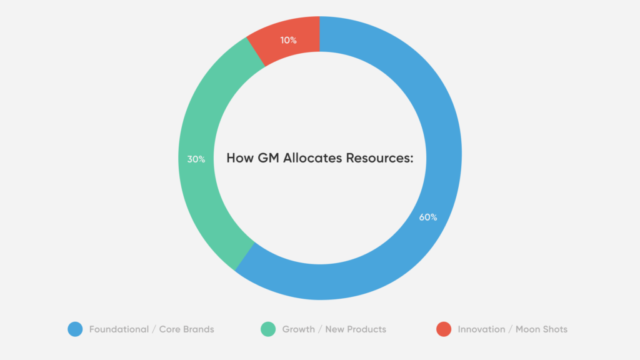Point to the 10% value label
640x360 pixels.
click(288, 40)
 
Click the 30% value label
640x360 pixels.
click(196, 159)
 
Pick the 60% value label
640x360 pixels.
click(427, 217)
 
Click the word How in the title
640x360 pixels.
click(240, 158)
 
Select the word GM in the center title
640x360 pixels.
click(268, 158)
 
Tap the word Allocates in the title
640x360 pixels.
click(312, 158)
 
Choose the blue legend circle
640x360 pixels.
click(75, 329)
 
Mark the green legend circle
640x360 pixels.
click(268, 329)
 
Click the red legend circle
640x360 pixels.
click(444, 329)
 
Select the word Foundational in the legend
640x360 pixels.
click(119, 329)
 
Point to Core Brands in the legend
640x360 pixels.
click(186, 329)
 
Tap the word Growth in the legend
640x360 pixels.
click(298, 329)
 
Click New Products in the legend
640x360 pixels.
click(356, 329)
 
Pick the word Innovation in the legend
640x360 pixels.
click(481, 329)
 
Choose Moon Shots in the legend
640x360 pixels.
click(541, 329)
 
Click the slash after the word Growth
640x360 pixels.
click(320, 329)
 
